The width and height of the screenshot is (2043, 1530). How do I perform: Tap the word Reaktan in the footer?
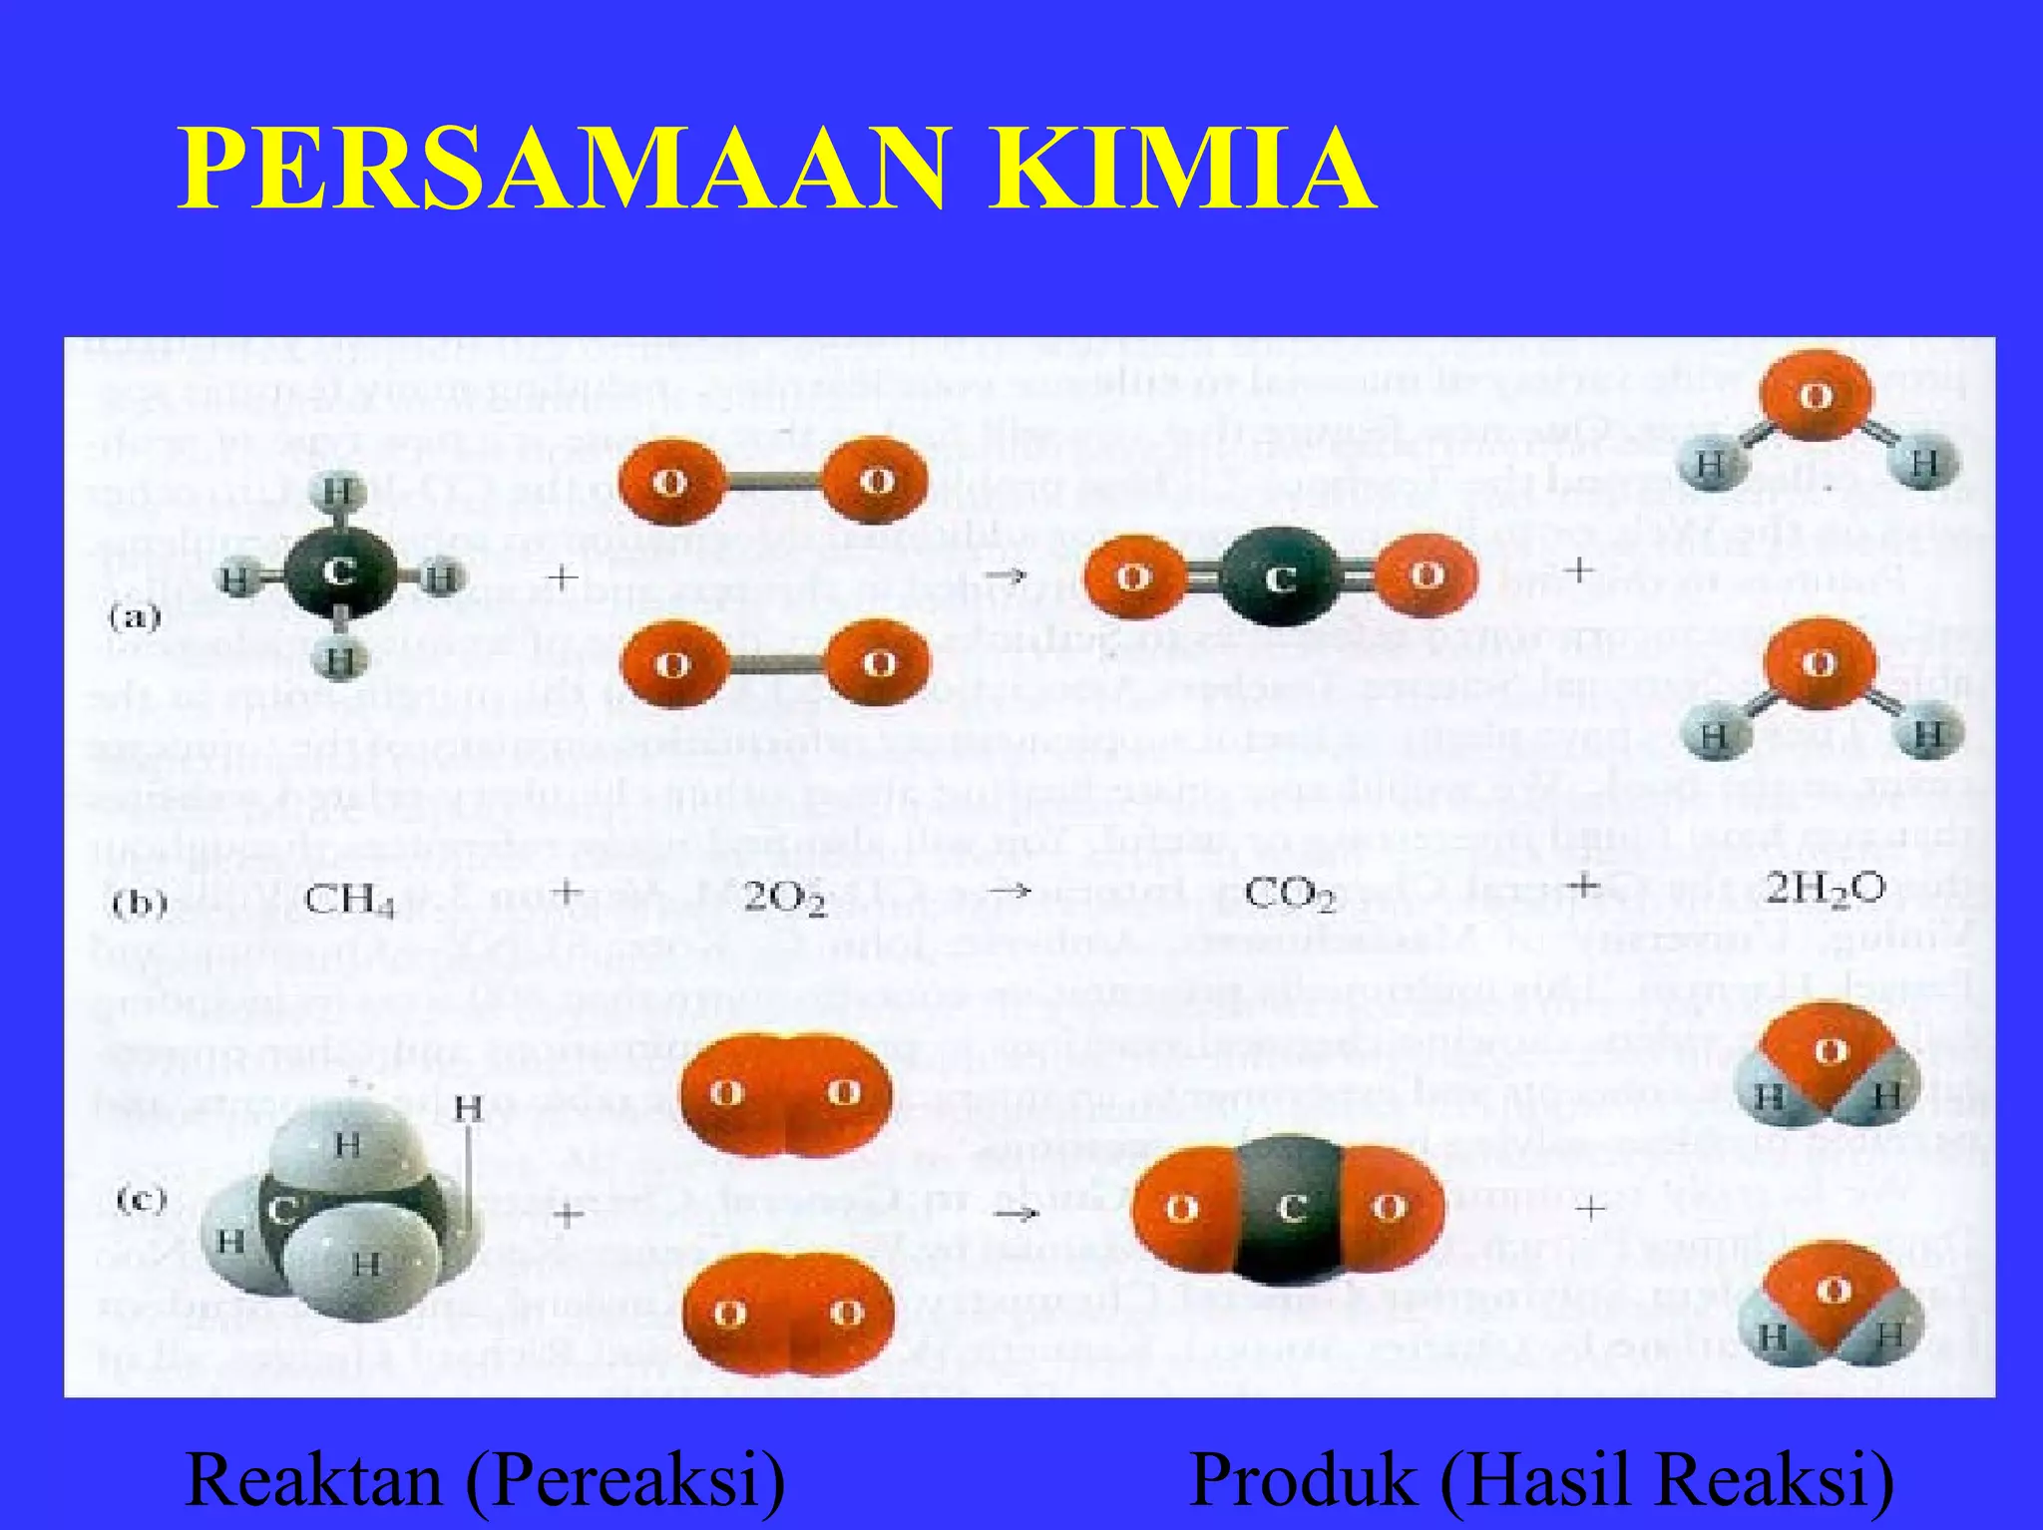coord(313,1479)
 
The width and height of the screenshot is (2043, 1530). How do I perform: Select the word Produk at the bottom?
coord(1306,1479)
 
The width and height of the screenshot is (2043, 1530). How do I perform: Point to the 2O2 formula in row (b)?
coord(785,900)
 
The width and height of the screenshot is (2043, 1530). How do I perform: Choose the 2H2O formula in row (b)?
coord(1825,888)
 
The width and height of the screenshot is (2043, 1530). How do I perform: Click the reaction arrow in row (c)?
coord(1017,1213)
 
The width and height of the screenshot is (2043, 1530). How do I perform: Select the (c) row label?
coord(140,1200)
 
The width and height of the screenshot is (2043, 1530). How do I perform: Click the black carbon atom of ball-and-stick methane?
coord(340,573)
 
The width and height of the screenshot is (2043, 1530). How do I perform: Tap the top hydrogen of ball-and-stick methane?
coord(339,493)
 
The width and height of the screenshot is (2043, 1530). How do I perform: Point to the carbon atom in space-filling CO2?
coord(1291,1209)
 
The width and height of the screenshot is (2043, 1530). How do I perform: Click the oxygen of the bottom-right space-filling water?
coord(1833,1291)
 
